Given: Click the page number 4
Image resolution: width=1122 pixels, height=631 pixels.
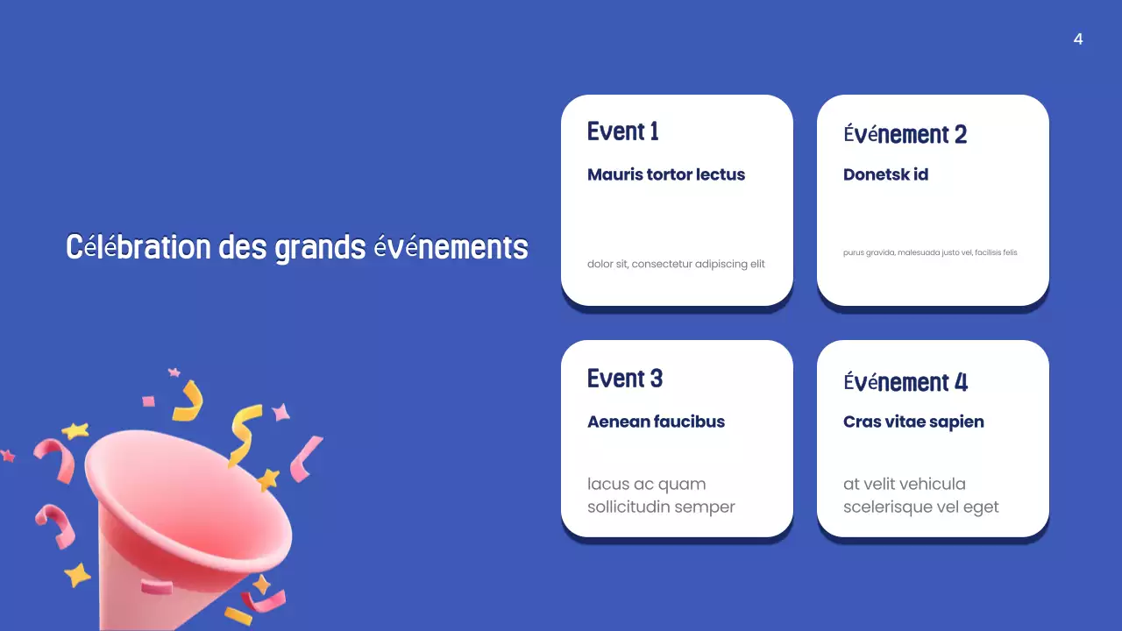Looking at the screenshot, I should [x=1078, y=39].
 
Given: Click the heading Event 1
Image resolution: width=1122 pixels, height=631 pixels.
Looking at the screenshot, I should [x=622, y=131].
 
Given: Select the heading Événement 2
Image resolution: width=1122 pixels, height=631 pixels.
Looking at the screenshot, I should [x=905, y=135].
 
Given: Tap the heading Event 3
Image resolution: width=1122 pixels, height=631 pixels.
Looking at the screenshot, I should [x=624, y=379].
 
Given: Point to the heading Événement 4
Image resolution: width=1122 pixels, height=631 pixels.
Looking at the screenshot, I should [x=905, y=383].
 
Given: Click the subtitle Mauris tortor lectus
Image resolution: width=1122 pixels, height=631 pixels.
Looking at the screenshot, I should [x=666, y=174].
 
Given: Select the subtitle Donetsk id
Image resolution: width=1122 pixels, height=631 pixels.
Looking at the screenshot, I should [x=885, y=174].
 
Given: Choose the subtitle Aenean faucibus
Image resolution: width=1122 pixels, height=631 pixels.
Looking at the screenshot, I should [x=656, y=422].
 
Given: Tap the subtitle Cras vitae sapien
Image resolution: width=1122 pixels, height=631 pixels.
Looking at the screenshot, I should [x=913, y=422].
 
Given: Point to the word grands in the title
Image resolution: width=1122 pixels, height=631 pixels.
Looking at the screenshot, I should [x=320, y=248].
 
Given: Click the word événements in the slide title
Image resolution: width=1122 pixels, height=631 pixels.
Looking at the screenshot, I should [x=451, y=248].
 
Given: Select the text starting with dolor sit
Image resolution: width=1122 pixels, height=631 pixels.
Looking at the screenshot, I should [x=676, y=264].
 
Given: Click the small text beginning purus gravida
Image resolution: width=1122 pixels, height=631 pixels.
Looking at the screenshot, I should [x=930, y=252].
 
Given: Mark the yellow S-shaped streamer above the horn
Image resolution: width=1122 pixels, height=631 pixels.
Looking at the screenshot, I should [x=243, y=434].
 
